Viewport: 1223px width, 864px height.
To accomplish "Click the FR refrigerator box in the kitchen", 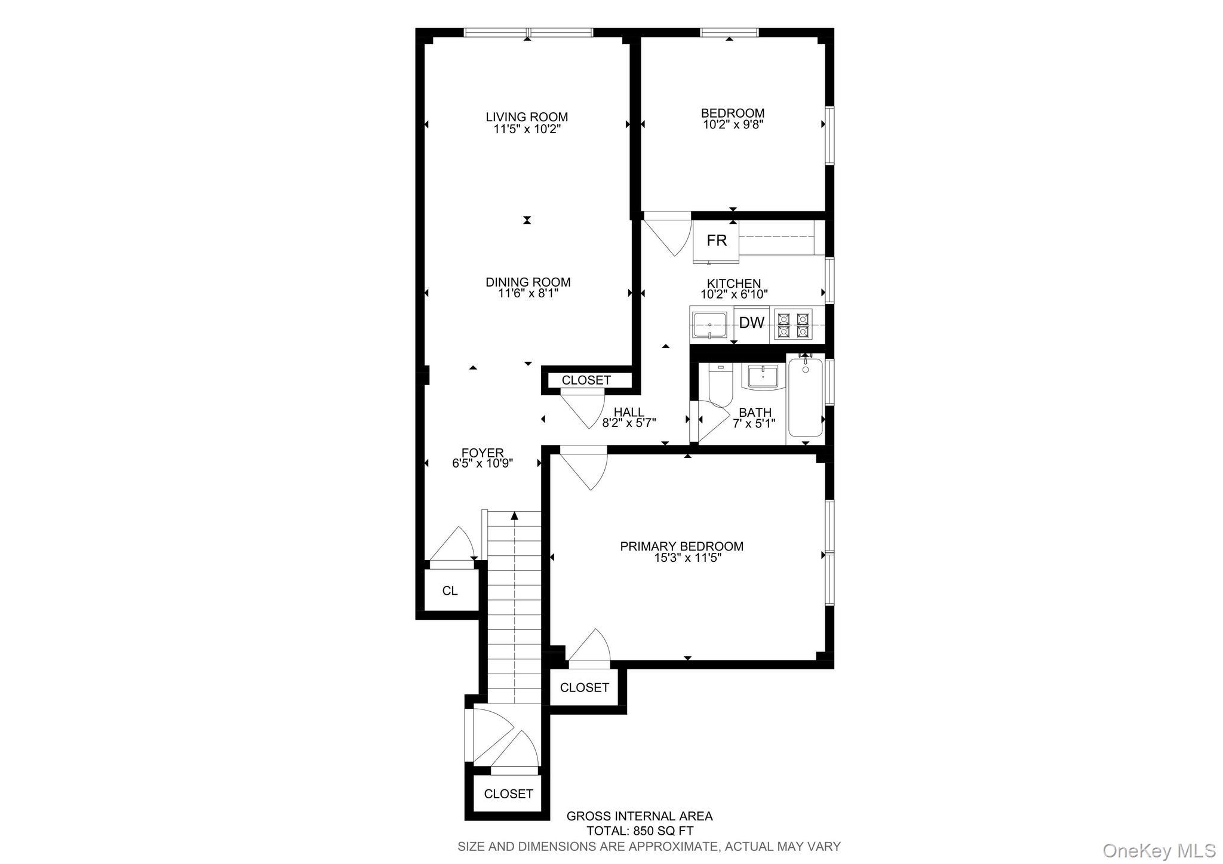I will [716, 241].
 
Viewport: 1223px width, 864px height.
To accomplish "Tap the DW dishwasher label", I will [751, 323].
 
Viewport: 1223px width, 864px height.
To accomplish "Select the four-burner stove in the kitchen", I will [792, 324].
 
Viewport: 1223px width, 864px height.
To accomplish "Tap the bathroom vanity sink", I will [763, 378].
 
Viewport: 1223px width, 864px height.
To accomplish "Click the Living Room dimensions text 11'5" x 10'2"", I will [527, 129].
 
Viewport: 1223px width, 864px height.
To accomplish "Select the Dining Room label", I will [528, 282].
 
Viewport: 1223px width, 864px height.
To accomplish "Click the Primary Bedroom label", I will [681, 546].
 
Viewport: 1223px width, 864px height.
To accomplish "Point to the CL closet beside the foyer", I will [450, 591].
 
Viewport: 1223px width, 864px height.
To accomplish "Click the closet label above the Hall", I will [586, 380].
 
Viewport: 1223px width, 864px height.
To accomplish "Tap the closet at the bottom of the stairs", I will [508, 794].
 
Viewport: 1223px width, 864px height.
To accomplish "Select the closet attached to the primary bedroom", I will [584, 687].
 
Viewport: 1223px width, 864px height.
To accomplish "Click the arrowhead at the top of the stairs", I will [514, 516].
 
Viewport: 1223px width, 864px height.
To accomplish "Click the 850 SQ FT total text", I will [640, 831].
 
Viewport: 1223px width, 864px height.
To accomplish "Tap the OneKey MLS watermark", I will [1159, 850].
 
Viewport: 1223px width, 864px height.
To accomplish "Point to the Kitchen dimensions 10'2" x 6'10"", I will [734, 294].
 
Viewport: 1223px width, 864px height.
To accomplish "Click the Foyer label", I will [483, 453].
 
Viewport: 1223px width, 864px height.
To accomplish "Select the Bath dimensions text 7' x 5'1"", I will [754, 423].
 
